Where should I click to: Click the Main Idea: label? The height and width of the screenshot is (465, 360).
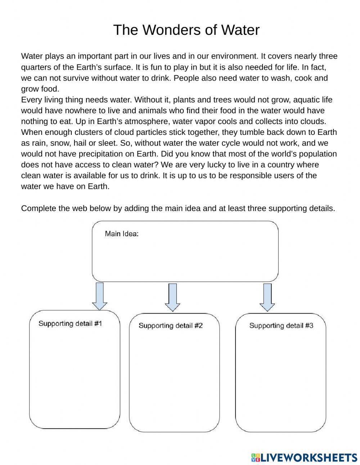pyautogui.click(x=122, y=234)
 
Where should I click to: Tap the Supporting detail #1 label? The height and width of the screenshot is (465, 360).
pyautogui.click(x=70, y=323)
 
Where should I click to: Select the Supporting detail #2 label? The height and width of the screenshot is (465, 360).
pyautogui.click(x=171, y=325)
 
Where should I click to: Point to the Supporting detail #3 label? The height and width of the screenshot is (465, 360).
pyautogui.click(x=281, y=325)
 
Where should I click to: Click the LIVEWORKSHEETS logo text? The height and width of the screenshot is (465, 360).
pyautogui.click(x=309, y=457)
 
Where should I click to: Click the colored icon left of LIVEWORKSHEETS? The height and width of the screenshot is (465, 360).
pyautogui.click(x=256, y=457)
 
